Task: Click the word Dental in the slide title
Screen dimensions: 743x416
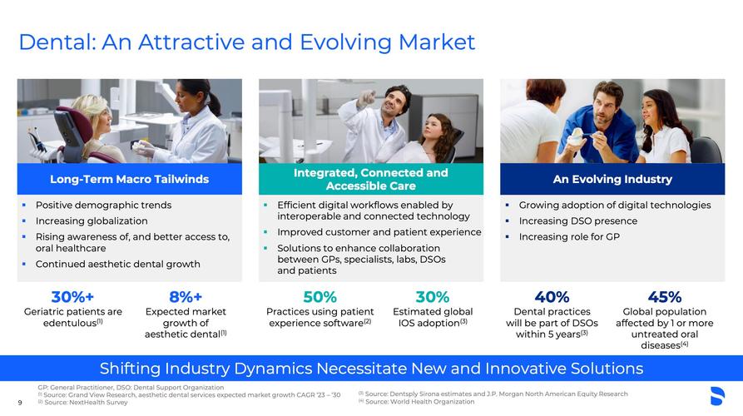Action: click(x=57, y=42)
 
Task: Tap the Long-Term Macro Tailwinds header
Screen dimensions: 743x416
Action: click(x=129, y=179)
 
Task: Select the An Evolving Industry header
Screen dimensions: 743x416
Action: click(x=612, y=179)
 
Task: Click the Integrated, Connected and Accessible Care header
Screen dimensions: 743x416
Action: click(x=370, y=179)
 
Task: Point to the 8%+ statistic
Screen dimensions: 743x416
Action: click(x=186, y=297)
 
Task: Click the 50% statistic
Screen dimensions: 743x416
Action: click(x=319, y=297)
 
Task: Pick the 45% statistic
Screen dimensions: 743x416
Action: click(x=664, y=297)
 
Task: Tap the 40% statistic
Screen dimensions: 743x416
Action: click(x=552, y=297)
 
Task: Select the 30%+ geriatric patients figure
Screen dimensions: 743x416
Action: click(x=72, y=297)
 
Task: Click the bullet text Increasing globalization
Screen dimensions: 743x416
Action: click(x=92, y=220)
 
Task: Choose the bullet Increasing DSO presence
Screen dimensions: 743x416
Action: click(x=578, y=220)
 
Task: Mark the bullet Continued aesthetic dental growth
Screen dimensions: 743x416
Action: click(x=117, y=264)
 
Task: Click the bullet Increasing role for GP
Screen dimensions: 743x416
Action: click(x=569, y=236)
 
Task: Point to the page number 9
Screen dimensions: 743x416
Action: click(x=20, y=403)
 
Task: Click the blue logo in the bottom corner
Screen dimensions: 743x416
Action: click(x=717, y=396)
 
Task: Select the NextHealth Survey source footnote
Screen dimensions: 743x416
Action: click(x=83, y=402)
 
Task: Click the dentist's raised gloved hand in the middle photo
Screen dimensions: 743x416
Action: click(x=366, y=98)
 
